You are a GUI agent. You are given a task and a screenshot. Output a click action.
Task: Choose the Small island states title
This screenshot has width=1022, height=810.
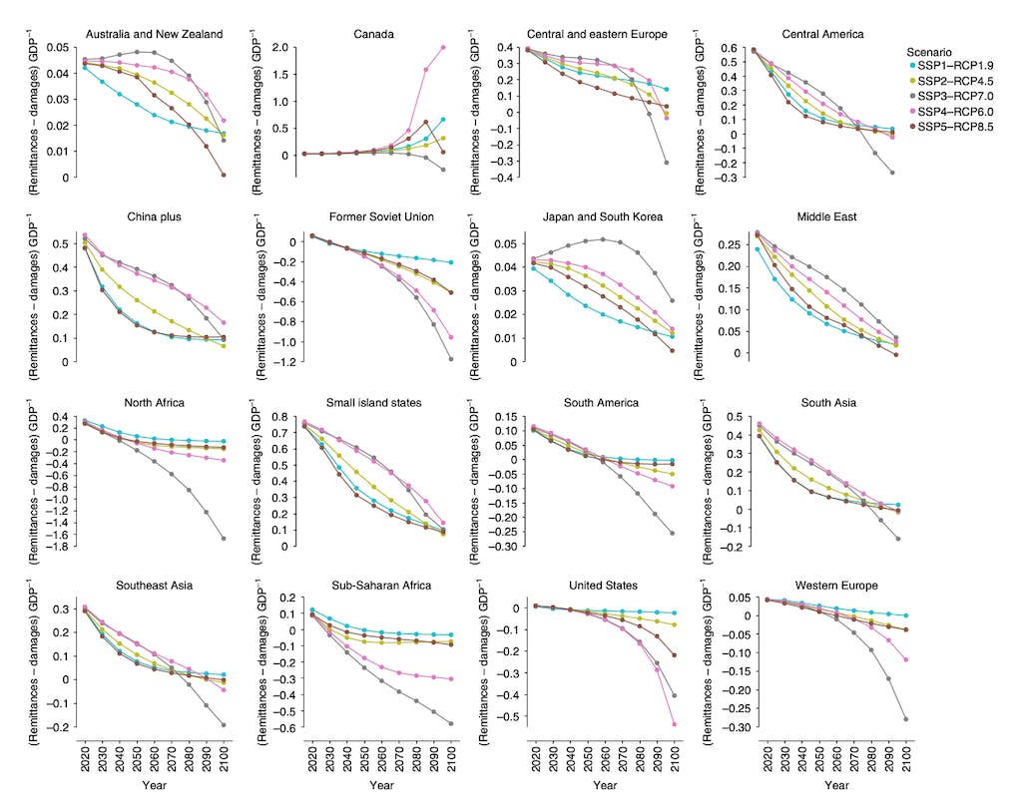(x=371, y=402)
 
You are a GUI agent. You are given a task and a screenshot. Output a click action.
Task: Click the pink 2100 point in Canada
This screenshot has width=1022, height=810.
(x=443, y=47)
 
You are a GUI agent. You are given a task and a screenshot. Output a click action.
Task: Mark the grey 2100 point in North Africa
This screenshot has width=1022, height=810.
(x=223, y=539)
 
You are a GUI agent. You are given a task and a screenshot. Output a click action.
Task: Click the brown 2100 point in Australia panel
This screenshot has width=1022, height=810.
(x=223, y=175)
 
